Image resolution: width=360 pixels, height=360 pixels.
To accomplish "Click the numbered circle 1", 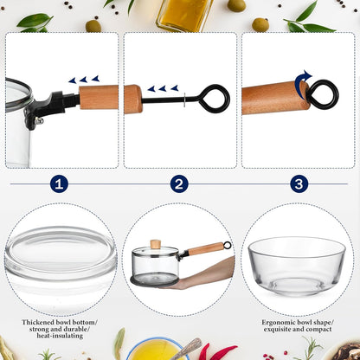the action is (x=59, y=183).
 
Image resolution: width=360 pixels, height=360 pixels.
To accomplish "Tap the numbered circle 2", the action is (x=179, y=183).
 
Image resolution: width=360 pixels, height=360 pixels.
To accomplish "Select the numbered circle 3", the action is (x=299, y=183).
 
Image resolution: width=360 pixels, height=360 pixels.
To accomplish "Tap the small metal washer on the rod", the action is (x=184, y=100).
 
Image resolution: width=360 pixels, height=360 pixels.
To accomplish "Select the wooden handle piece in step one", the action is (x=99, y=97).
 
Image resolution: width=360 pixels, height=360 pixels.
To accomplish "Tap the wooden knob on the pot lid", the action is (x=156, y=244).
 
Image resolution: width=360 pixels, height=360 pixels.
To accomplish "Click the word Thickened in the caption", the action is (x=38, y=322).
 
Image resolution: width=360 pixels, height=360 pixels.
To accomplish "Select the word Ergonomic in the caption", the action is (x=279, y=322).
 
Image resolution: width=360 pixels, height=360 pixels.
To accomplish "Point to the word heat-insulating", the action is (x=60, y=336).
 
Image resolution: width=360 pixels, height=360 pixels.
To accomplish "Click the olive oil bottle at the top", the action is (x=185, y=14).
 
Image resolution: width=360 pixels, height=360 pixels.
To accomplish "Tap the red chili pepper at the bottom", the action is (x=218, y=351).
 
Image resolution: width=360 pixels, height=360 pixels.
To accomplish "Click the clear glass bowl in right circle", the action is (x=297, y=266).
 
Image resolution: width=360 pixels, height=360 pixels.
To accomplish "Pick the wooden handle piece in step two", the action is (x=133, y=99).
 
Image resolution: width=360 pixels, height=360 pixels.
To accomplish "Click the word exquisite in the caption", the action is (x=277, y=329).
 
